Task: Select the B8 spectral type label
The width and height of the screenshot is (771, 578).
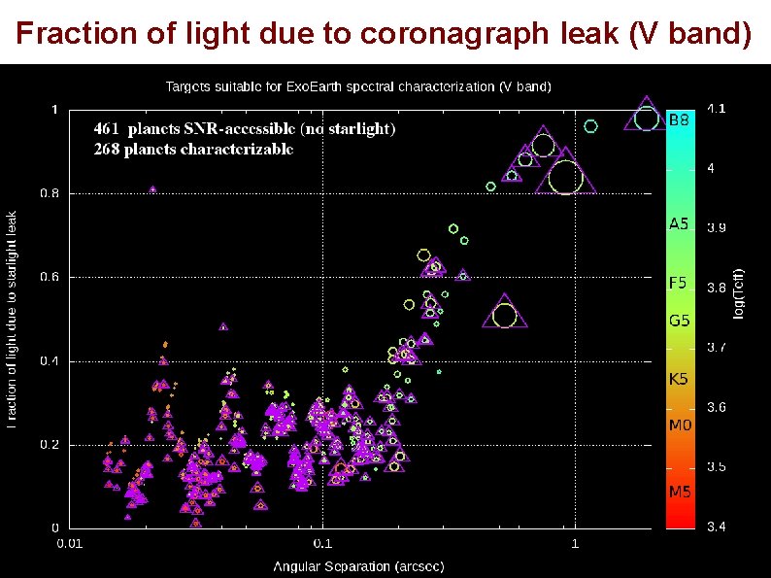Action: coord(679,120)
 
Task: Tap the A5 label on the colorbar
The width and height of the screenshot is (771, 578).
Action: coord(678,223)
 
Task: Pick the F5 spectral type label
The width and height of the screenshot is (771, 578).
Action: coord(678,284)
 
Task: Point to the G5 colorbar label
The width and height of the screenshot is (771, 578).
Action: coord(679,319)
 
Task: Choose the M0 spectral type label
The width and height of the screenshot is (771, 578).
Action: coord(679,425)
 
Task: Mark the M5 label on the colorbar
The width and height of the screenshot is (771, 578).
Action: coord(679,492)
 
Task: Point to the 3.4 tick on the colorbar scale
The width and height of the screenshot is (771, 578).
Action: coord(716,527)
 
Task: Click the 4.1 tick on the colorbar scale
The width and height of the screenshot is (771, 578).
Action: coord(716,109)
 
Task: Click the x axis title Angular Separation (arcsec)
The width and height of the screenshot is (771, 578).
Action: coord(358,566)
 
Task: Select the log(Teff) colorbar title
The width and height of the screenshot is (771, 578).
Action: coord(739,291)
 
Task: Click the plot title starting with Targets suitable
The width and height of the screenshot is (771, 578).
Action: coord(358,86)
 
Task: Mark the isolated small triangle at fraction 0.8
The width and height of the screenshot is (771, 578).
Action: coord(152,189)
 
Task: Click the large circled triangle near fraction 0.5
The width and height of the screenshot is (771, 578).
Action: coord(504,314)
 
